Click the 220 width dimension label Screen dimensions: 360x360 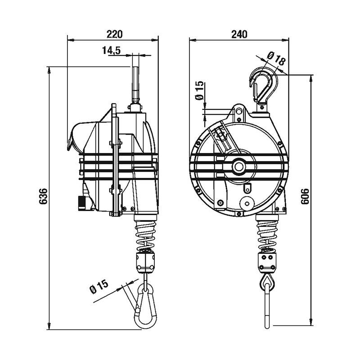(x=115, y=34)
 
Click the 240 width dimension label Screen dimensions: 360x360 (x=239, y=34)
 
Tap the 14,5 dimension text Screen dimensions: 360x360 (x=111, y=50)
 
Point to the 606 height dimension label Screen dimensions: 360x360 (x=305, y=196)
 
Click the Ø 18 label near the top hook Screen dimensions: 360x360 (x=276, y=58)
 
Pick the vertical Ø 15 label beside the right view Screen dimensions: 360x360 (x=199, y=90)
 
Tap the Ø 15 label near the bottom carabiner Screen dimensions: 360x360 (x=99, y=286)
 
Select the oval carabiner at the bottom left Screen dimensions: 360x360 (x=135, y=308)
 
